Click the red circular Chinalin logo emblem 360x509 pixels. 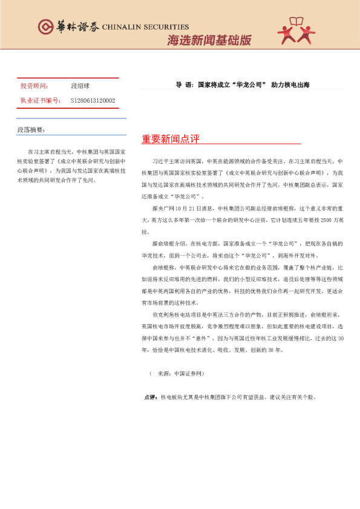(x=45, y=27)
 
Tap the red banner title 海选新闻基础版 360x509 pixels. (x=209, y=41)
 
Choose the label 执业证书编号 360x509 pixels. (x=41, y=100)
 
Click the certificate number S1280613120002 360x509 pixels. (x=93, y=100)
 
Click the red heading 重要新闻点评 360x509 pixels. (x=171, y=139)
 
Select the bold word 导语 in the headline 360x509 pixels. (x=182, y=85)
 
